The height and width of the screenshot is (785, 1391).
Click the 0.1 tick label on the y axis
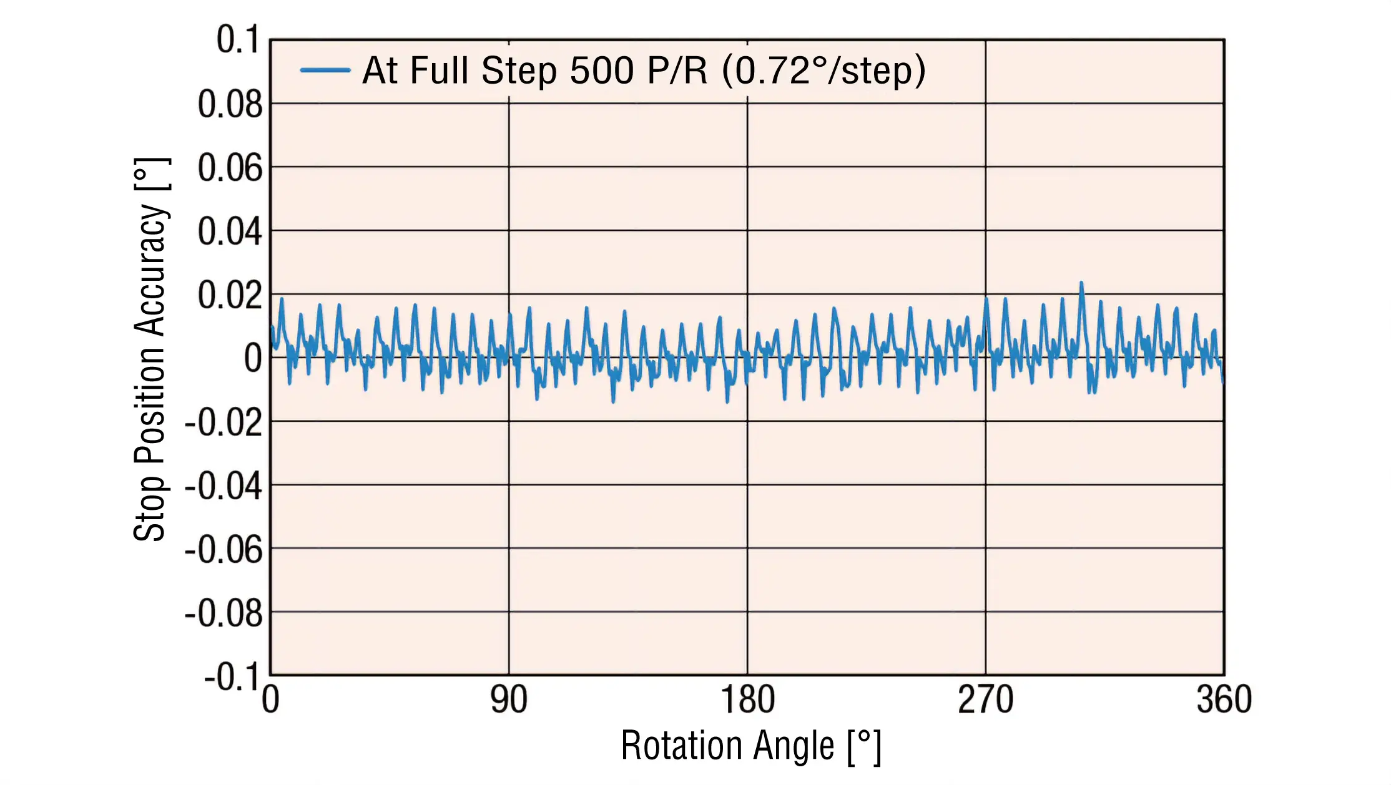(237, 39)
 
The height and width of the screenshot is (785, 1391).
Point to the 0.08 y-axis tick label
(230, 104)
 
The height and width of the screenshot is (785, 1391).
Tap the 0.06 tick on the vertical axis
(230, 168)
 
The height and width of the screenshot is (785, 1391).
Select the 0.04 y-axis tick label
(230, 232)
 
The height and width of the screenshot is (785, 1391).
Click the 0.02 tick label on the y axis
(230, 295)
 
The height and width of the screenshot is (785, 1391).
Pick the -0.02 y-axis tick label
(224, 422)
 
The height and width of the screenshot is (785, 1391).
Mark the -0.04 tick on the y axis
(224, 486)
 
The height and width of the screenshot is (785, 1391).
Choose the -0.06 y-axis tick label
(224, 550)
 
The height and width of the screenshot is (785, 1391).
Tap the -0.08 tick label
(224, 613)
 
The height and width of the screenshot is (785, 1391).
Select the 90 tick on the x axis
(509, 700)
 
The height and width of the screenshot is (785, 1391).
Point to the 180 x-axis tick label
(747, 700)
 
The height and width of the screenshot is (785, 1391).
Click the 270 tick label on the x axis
(985, 700)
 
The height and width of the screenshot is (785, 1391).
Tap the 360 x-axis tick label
(1224, 700)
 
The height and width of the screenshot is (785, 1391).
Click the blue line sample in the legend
(325, 70)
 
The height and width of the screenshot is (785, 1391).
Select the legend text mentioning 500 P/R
(644, 70)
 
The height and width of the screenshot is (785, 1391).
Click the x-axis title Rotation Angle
(750, 746)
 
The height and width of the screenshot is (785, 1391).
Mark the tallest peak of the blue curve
(1081, 283)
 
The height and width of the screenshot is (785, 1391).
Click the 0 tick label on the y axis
(253, 359)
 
